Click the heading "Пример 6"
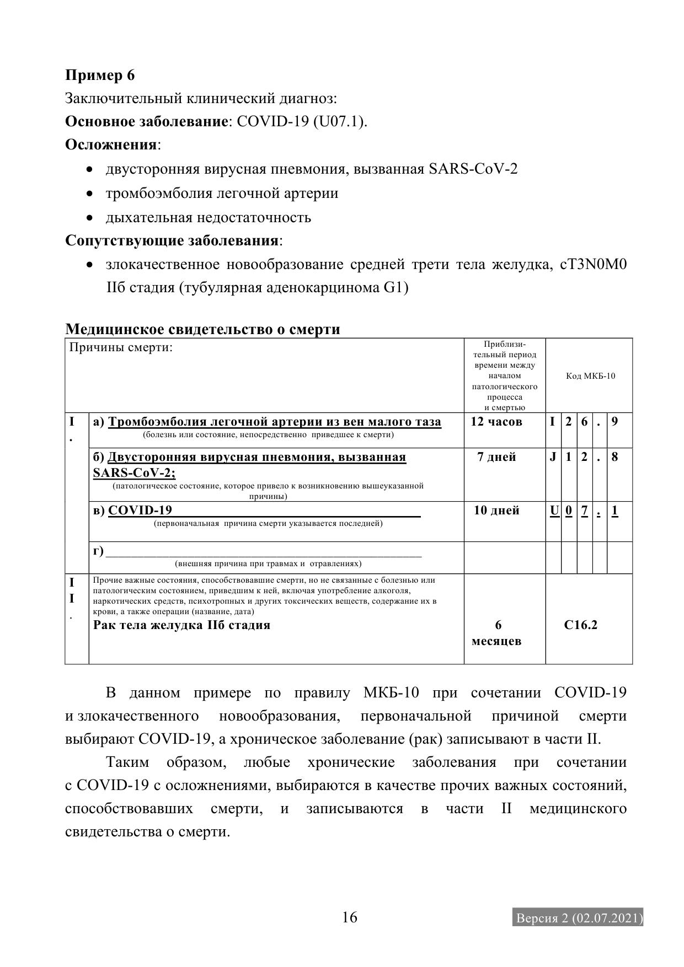tap(100, 75)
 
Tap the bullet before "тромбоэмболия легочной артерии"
tap(90, 194)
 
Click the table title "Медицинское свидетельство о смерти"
tap(202, 329)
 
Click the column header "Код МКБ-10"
tap(590, 376)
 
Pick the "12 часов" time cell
tap(496, 422)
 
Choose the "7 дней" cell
tap(496, 457)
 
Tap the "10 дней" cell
tap(496, 511)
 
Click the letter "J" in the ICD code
tap(553, 457)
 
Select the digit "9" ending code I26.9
tap(615, 422)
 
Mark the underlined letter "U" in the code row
tap(554, 511)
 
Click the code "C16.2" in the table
tap(581, 625)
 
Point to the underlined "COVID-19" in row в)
tap(140, 511)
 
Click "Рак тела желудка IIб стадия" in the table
tap(181, 625)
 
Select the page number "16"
tap(350, 917)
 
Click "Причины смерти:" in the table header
tap(121, 348)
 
